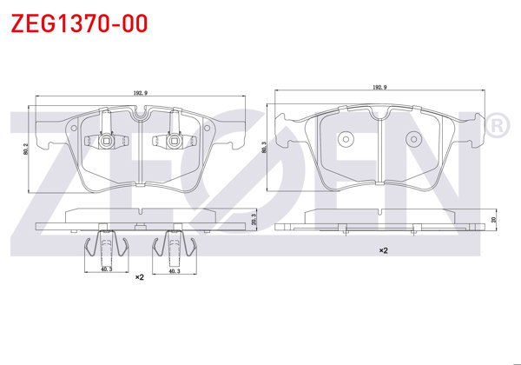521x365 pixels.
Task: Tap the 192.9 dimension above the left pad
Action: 139,91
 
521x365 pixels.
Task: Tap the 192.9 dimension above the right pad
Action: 379,87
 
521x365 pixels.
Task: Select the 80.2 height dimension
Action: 27,149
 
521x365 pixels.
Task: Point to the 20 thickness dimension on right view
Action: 493,220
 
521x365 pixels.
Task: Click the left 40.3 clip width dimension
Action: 105,270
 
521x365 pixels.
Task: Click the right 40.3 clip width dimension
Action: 173,270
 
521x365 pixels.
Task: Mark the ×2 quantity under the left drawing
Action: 139,278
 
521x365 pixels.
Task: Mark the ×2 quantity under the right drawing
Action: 382,250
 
